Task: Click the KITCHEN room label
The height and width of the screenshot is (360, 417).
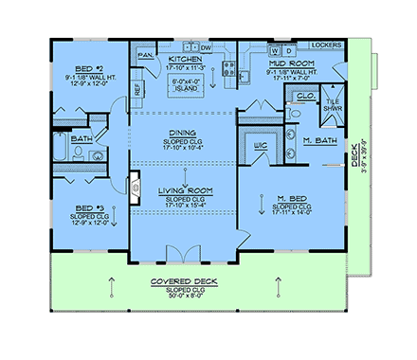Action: tap(187, 59)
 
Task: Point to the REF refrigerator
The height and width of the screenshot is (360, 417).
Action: tap(136, 88)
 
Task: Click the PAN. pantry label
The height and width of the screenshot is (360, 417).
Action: tap(146, 56)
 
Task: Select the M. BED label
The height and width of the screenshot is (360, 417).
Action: tap(291, 199)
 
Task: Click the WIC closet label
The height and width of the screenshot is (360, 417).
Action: tap(257, 145)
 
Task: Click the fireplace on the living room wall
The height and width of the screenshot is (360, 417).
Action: tap(134, 182)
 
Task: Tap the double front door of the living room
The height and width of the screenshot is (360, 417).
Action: tap(182, 252)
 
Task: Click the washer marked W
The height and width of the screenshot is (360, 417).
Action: tap(275, 48)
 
